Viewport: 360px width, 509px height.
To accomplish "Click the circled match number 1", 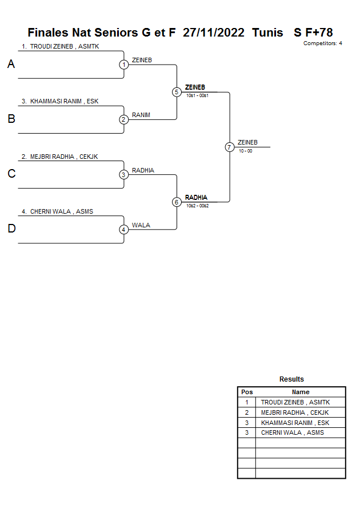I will [x=124, y=65].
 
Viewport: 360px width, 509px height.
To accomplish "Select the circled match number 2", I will [x=124, y=119].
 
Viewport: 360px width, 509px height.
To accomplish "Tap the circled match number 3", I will [x=124, y=175].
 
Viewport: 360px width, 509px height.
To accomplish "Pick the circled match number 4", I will [x=124, y=230].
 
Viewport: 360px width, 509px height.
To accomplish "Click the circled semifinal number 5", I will [x=177, y=92].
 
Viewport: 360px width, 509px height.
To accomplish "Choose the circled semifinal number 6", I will [x=177, y=202].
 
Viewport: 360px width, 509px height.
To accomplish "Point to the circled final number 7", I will [x=230, y=147].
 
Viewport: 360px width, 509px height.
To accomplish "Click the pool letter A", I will [x=11, y=65].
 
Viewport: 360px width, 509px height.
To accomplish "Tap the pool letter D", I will [x=11, y=229].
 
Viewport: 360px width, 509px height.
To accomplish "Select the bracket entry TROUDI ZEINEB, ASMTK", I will [x=60, y=46].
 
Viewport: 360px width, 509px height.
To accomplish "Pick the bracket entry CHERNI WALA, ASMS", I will [x=57, y=211].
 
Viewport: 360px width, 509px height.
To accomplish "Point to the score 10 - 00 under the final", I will [x=246, y=151].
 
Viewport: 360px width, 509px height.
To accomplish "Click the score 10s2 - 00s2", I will [x=197, y=206].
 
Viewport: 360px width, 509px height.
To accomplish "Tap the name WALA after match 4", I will [x=141, y=225].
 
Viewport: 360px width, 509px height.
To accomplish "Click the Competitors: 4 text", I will [x=322, y=43].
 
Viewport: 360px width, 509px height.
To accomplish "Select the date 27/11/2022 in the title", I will [x=213, y=33].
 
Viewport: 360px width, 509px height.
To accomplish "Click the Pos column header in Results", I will [x=247, y=392].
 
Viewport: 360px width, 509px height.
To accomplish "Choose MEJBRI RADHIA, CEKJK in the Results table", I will [x=291, y=412].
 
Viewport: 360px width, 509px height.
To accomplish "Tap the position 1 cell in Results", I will [x=247, y=402].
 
